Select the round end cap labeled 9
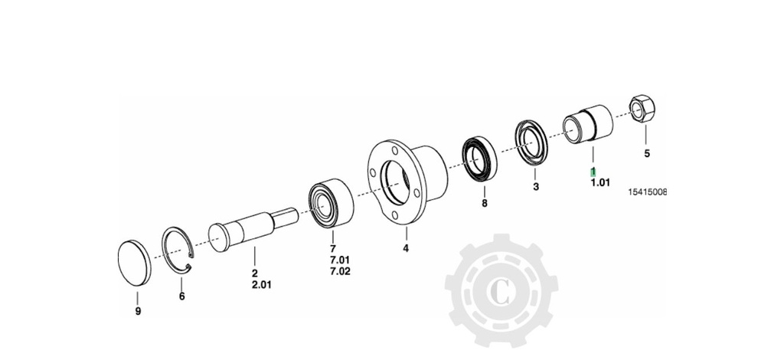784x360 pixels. pos(134,263)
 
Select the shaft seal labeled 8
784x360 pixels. pos(479,157)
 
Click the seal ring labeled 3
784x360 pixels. pos(531,141)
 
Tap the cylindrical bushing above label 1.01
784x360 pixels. pos(588,125)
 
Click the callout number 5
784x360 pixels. pos(646,153)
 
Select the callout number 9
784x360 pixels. pos(138,311)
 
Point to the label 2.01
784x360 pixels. pos(263,285)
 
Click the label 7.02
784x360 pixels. pos(340,271)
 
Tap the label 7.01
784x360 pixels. pos(340,260)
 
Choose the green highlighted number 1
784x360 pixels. pos(593,172)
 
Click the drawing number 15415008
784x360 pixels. pos(647,191)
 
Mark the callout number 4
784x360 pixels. pos(406,248)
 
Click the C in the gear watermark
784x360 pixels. pos(499,293)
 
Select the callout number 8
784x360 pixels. pos(484,204)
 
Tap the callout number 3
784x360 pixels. pos(536,187)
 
